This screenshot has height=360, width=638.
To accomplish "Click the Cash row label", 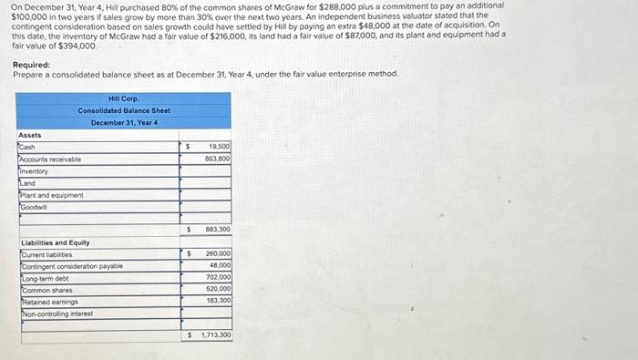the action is [27, 146].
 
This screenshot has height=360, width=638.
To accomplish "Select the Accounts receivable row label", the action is [50, 159].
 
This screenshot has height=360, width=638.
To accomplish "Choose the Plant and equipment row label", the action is [52, 195].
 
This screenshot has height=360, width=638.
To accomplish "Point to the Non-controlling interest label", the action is [62, 314].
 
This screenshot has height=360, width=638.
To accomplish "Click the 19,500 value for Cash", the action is [219, 146].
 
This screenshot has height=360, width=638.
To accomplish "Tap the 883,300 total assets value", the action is [218, 230].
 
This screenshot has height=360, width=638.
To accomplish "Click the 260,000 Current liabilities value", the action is [219, 253].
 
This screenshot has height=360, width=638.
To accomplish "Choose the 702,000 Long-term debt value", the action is [219, 277].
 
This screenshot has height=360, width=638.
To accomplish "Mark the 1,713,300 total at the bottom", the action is [214, 335].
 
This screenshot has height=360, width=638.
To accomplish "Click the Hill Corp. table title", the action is [123, 98].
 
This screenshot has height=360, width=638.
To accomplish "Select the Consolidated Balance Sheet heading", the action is [124, 110].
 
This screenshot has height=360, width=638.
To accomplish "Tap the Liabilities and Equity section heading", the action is [54, 242].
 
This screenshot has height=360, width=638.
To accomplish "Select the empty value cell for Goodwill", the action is [207, 207].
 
